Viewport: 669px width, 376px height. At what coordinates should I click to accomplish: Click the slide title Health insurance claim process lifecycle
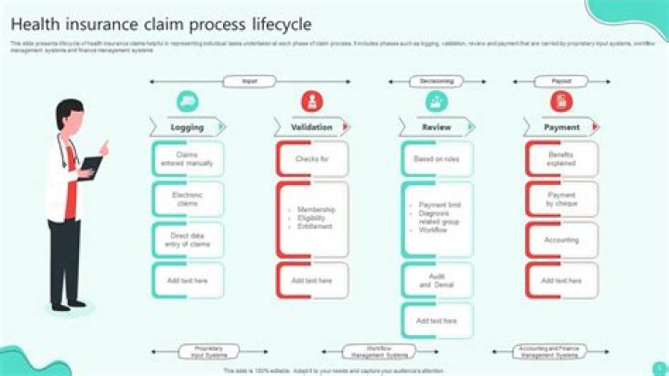coord(161,23)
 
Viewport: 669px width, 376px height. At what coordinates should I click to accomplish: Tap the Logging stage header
coord(188,128)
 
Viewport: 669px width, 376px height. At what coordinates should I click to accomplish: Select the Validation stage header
coord(311,128)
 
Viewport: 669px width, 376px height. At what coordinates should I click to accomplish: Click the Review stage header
coord(437,128)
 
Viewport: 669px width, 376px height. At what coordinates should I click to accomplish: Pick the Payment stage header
coord(561,128)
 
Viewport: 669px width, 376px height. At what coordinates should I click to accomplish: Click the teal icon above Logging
coord(188,101)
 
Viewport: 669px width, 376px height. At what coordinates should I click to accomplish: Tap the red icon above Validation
coord(312,101)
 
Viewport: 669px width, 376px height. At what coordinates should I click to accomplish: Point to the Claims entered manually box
coord(188,159)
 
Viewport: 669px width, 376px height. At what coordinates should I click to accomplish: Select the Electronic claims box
coord(188,199)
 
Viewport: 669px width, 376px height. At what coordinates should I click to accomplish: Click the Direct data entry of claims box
coord(188,240)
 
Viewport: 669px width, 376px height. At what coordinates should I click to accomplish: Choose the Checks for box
coord(312,159)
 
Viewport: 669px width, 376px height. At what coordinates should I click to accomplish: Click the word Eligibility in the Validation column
coord(313,219)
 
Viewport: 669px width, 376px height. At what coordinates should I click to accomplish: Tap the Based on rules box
coord(437,159)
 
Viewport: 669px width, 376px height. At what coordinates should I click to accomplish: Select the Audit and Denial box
coord(437,280)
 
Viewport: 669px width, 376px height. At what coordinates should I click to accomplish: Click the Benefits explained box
coord(561,159)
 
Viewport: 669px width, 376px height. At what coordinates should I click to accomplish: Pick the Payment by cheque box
coord(561,199)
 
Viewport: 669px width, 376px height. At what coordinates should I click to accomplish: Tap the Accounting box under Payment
coord(561,240)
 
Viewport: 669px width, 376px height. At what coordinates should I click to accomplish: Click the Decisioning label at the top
coord(437,82)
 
